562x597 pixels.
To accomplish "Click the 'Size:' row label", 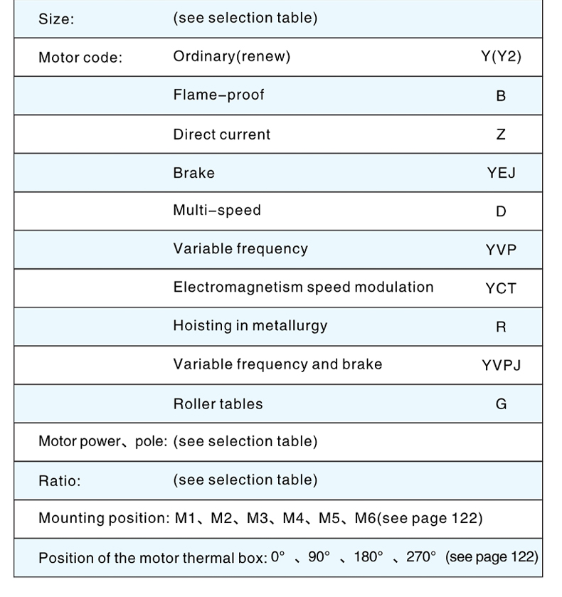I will point(56,19).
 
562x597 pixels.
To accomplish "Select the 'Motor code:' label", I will point(80,58).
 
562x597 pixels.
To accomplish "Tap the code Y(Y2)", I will point(501,57).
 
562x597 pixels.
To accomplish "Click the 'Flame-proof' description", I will point(218,95).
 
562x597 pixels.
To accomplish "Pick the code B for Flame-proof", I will point(501,95).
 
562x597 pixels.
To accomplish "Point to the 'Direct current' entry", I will point(222,134).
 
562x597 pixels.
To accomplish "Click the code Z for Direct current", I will point(501,134).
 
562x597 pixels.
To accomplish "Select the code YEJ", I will point(501,173).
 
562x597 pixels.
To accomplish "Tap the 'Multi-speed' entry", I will point(217,211).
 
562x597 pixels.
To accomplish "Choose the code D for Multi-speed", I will point(501,211).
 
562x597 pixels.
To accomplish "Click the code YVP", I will point(501,250).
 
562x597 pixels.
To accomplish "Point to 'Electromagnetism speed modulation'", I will point(303,287).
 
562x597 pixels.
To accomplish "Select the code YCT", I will point(501,288).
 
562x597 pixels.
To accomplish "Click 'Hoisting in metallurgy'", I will point(250,326).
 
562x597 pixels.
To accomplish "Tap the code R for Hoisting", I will point(501,327).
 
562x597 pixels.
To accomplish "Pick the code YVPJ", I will point(501,365).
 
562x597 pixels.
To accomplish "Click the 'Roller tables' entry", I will point(218,403).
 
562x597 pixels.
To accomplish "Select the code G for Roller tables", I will point(501,403).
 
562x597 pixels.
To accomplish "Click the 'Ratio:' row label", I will point(60,481).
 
